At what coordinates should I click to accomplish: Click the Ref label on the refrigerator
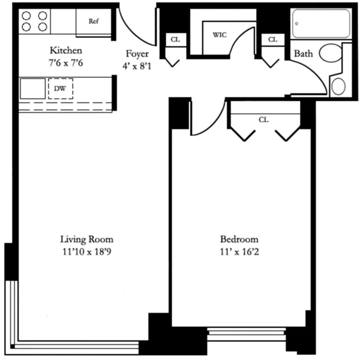pos(93,21)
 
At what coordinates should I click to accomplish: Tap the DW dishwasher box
pos(60,89)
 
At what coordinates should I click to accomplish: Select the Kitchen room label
pos(66,50)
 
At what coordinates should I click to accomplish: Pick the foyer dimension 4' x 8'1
pos(137,66)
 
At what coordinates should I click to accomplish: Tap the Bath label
pos(303,54)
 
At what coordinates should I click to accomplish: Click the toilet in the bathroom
pos(331,53)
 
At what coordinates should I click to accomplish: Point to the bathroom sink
pos(338,86)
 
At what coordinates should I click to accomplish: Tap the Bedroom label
pos(238,238)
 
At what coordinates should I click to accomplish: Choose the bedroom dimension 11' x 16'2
pos(238,252)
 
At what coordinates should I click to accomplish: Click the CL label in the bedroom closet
pos(263,119)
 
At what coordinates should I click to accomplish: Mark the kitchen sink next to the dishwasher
pos(32,89)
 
